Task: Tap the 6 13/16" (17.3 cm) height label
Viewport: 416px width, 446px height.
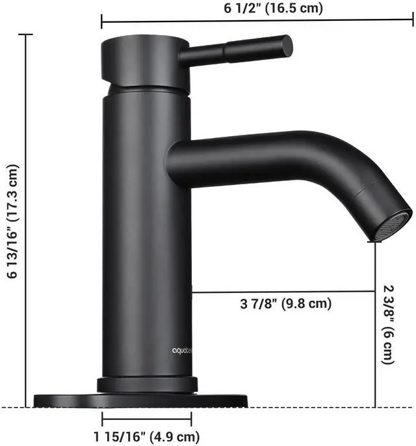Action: (12, 221)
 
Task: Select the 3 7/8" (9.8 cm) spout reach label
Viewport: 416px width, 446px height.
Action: (286, 303)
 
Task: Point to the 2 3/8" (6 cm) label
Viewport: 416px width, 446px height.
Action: (387, 324)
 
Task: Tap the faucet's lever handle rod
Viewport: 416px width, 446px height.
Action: (234, 49)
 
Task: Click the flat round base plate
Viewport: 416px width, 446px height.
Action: (71, 399)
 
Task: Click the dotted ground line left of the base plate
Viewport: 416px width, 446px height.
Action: (16, 408)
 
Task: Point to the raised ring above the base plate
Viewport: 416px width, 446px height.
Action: (147, 385)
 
